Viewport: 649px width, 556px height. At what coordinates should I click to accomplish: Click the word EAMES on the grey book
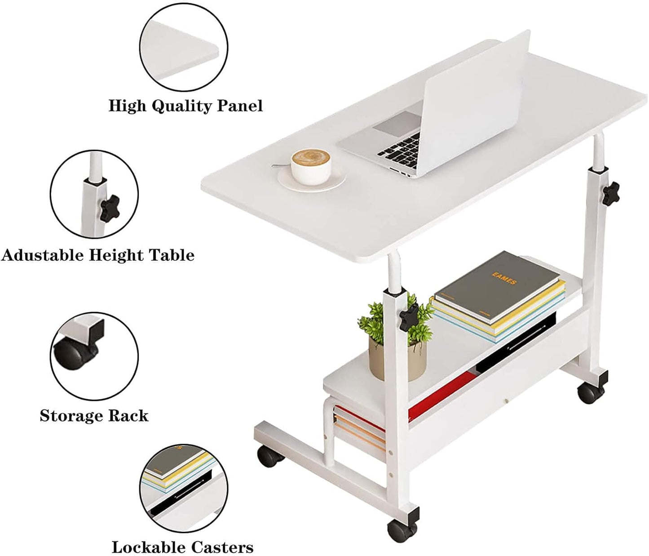504,279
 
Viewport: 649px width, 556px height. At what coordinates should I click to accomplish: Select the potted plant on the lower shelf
396,338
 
